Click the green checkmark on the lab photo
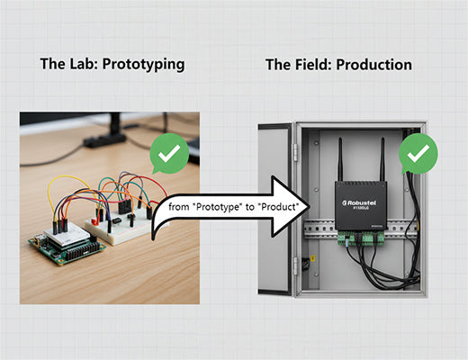(x=167, y=156)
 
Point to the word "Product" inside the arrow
(x=274, y=207)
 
